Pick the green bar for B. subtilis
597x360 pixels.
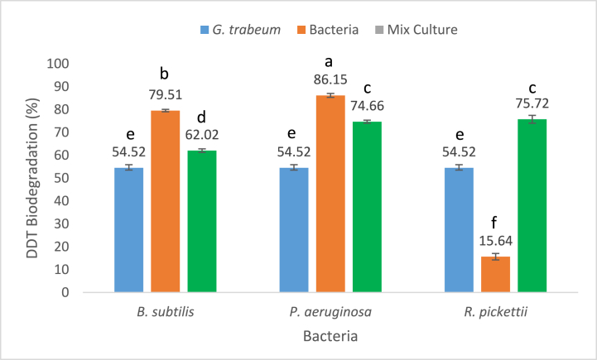pos(201,221)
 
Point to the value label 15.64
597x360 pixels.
pos(496,244)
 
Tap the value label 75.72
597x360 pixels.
pos(532,105)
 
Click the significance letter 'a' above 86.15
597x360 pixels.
pos(330,61)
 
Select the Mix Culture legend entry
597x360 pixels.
pos(421,30)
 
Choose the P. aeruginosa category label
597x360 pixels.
pos(330,313)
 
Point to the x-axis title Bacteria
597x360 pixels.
pos(330,338)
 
